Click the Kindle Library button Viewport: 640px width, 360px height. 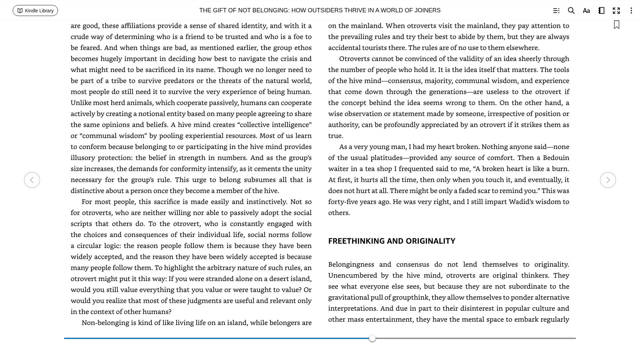click(x=35, y=11)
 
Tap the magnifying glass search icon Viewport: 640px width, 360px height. click(x=571, y=11)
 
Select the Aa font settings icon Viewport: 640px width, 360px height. click(x=586, y=11)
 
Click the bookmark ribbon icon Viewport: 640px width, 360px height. click(x=616, y=25)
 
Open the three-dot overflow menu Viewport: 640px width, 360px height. click(x=631, y=11)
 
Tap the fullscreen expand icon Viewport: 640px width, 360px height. click(x=616, y=11)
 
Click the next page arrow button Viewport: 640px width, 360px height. click(x=608, y=180)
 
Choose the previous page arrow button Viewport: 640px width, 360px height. click(x=32, y=180)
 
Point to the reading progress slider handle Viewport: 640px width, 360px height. click(x=372, y=338)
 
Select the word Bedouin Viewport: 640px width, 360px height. click(x=556, y=158)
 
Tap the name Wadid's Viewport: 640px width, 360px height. click(x=522, y=202)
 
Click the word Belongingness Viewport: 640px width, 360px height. click(x=351, y=264)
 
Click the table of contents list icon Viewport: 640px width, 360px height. click(x=556, y=11)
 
